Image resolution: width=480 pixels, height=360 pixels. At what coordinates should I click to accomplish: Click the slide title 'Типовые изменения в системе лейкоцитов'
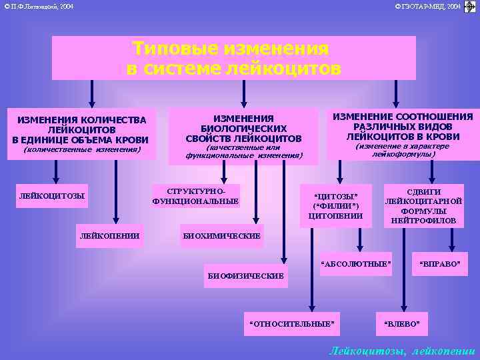point(233,58)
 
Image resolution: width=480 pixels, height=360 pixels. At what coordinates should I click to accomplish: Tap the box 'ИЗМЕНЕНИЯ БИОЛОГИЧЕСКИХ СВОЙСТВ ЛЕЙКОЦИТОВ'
point(243,127)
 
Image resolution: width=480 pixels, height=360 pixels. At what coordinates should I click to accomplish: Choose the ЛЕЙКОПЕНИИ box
point(109,235)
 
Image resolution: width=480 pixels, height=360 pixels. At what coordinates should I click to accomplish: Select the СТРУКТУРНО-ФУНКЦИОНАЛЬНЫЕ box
point(195,195)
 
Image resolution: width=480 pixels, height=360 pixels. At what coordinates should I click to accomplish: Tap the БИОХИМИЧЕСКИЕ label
point(221,235)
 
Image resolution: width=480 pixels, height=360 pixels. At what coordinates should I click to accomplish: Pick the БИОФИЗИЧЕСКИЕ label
point(246,275)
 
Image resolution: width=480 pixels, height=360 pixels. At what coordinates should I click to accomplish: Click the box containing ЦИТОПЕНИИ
point(335,205)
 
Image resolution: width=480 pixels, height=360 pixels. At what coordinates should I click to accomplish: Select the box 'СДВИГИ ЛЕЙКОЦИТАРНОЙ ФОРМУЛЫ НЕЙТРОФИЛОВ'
point(423,205)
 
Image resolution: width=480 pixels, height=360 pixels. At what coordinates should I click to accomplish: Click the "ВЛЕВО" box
point(402,323)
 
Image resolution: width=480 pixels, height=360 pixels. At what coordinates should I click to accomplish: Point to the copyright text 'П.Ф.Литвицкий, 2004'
point(38,7)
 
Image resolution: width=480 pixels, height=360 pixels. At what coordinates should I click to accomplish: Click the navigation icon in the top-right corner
point(470,7)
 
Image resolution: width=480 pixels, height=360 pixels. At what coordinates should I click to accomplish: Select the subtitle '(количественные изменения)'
point(82,150)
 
